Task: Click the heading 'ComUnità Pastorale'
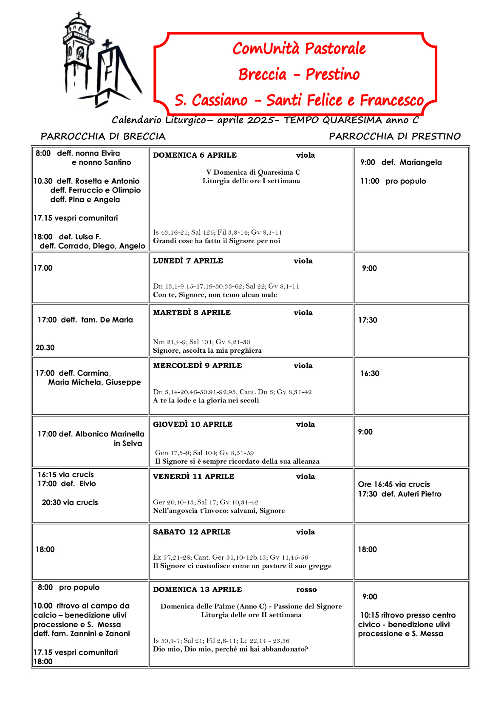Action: click(299, 48)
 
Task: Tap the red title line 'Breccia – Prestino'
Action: click(299, 74)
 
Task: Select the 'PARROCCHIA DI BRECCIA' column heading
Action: click(103, 136)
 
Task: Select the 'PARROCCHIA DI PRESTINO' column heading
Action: click(394, 136)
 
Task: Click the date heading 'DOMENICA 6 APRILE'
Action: click(195, 155)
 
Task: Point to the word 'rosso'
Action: click(306, 589)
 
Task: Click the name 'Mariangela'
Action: click(420, 162)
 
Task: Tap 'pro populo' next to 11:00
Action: click(405, 181)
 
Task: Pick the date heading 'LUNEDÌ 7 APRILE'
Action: click(188, 261)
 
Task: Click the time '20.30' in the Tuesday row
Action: click(45, 348)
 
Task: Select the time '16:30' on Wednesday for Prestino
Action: click(369, 374)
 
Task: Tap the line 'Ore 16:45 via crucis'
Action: click(393, 484)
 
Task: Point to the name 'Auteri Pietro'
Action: click(419, 494)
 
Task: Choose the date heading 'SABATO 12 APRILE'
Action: click(192, 532)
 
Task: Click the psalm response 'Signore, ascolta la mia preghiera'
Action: click(207, 351)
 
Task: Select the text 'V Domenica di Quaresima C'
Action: click(253, 172)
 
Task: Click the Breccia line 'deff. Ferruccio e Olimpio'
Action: click(95, 190)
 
